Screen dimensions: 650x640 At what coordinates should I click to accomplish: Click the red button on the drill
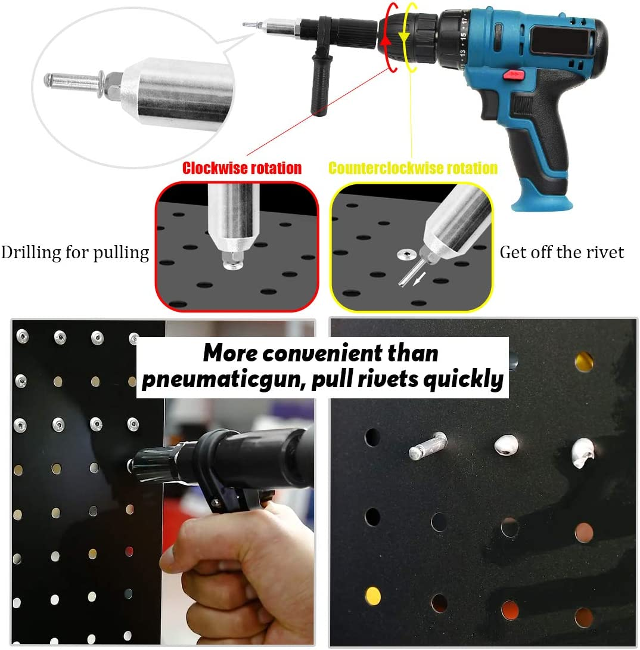[512, 75]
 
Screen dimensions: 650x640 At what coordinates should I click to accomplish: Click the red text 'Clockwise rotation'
[242, 168]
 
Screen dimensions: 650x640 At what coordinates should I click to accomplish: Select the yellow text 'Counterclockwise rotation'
[413, 168]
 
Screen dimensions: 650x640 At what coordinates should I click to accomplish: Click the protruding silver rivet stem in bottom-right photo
[427, 445]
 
